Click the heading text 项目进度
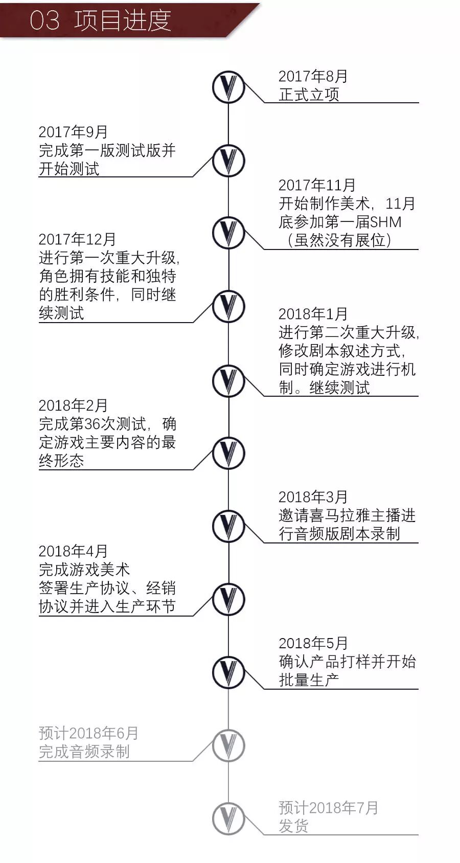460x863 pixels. coord(123,20)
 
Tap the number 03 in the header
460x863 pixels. coord(44,21)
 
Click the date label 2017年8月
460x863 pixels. coord(313,76)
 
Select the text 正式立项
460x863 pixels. coord(309,95)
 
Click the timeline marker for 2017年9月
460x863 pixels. coord(228,161)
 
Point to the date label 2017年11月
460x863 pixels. coord(317,185)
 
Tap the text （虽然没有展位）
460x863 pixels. coord(339,240)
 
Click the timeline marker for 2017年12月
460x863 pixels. coord(228,306)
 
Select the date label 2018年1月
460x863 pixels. coord(313,314)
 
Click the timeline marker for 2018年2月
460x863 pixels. coord(228,453)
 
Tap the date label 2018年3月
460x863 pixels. coord(313,497)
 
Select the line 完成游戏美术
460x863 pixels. coord(84,570)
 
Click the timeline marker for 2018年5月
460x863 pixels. coord(228,672)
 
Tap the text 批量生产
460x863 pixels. coord(309,680)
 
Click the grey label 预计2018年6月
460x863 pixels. coord(88,733)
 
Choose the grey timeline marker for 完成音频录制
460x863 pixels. coord(228,745)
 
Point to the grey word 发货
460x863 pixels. coord(293,826)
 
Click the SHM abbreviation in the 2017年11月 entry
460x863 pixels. coord(385,222)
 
